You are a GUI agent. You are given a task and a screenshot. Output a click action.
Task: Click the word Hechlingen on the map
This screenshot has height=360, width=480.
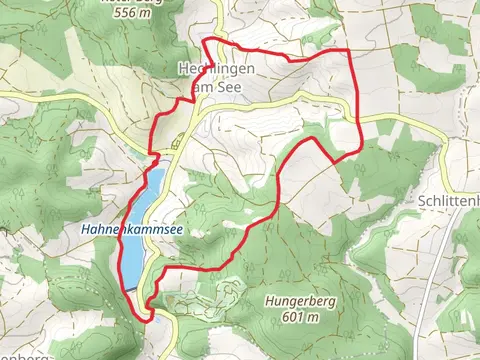click(x=216, y=70)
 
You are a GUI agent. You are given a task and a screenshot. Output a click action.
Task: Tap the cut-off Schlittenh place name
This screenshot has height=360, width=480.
click(x=446, y=199)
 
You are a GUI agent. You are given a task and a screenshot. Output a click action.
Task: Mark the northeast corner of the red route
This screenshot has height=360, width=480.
click(x=349, y=49)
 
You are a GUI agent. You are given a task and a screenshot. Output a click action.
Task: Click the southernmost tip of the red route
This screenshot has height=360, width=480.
click(x=150, y=318)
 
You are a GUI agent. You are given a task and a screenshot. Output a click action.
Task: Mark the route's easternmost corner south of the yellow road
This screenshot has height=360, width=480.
click(x=359, y=151)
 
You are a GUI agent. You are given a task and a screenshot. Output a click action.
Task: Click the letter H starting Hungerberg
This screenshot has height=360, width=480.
click(x=268, y=300)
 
